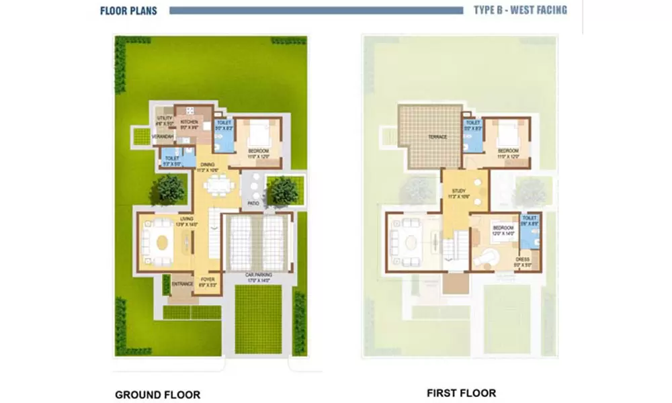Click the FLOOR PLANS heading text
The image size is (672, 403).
click(128, 11)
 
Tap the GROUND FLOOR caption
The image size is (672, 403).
click(157, 394)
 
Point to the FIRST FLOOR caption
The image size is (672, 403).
click(461, 393)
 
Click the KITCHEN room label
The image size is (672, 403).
click(188, 122)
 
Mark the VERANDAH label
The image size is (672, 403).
click(163, 137)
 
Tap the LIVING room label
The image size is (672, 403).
click(186, 219)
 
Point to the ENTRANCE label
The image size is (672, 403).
click(182, 284)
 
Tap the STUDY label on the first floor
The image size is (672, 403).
click(459, 191)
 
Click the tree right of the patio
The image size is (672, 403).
click(282, 191)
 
